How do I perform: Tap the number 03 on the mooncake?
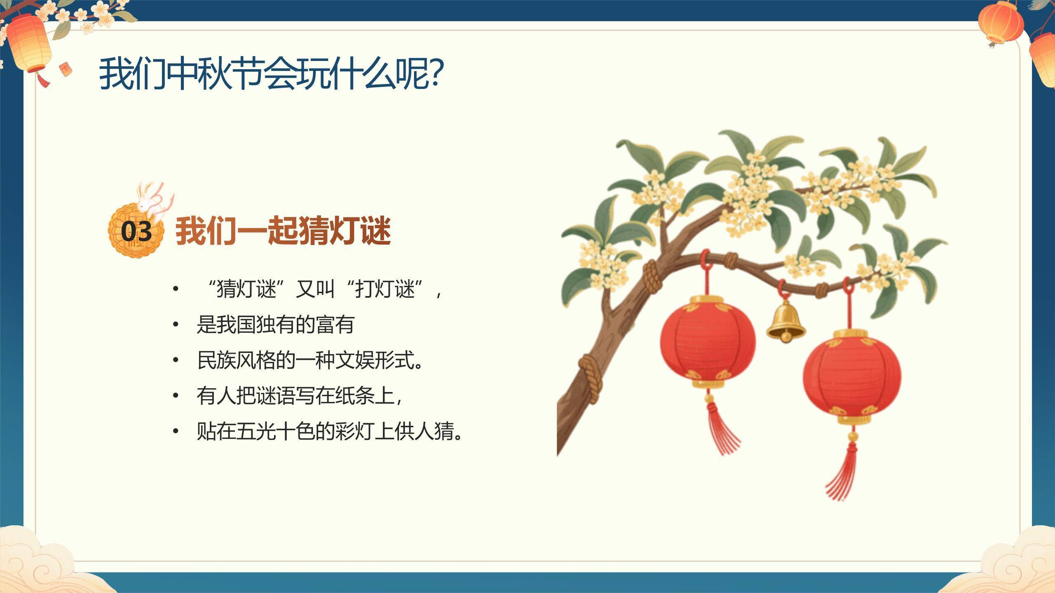pyautogui.click(x=136, y=232)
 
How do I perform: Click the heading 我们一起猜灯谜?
pyautogui.click(x=283, y=231)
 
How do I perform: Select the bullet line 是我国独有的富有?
pyautogui.click(x=275, y=325)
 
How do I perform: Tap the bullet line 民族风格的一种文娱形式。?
pyautogui.click(x=310, y=361)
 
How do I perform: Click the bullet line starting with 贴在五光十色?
pyautogui.click(x=330, y=432)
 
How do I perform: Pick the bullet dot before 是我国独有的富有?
pyautogui.click(x=176, y=325)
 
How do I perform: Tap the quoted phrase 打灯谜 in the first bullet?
pyautogui.click(x=384, y=289)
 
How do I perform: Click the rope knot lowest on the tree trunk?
pyautogui.click(x=590, y=376)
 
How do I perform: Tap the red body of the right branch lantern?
pyautogui.click(x=852, y=377)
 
